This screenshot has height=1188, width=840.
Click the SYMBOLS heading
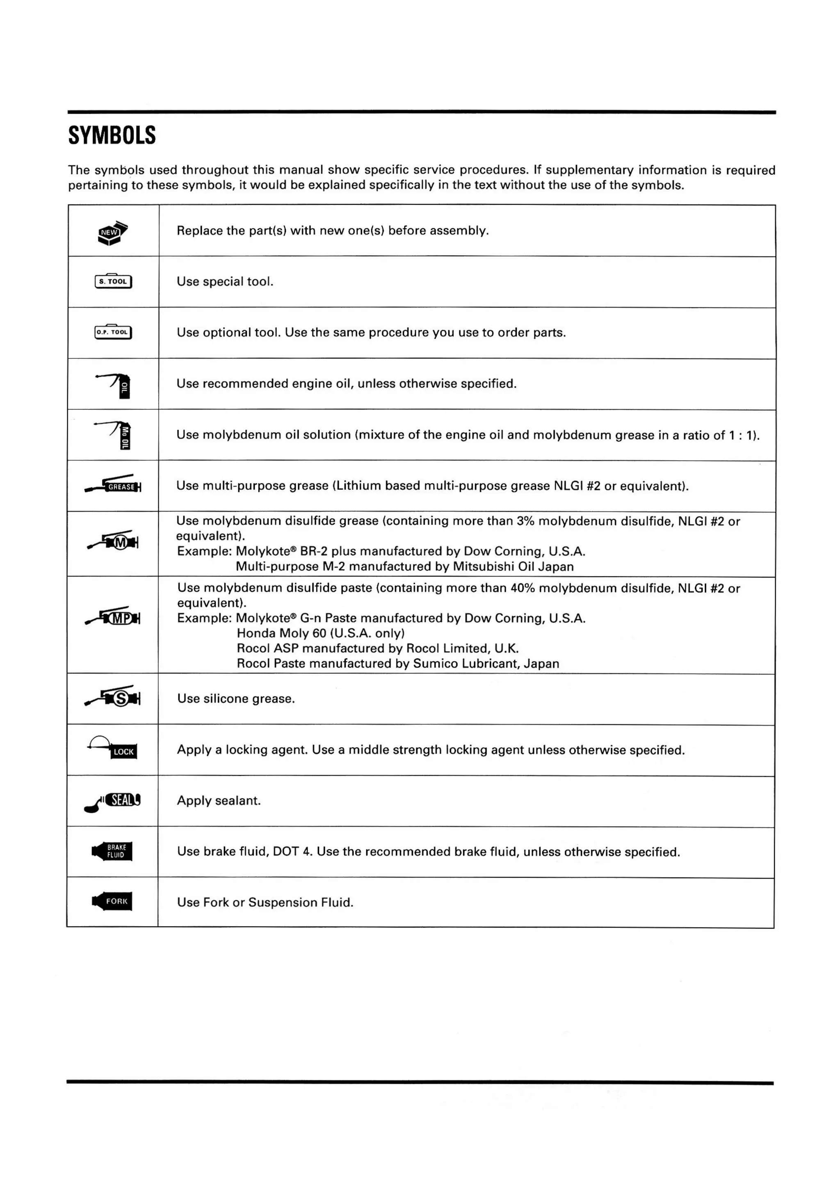pos(112,135)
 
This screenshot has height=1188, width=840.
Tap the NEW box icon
pos(113,233)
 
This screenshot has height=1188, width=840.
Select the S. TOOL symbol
pos(113,281)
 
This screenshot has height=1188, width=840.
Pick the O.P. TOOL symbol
pos(113,332)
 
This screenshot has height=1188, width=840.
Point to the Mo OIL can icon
pos(117,436)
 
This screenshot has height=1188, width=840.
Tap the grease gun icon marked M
pos(114,541)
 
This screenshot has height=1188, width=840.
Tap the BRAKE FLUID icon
pos(113,851)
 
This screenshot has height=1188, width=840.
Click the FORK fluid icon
pos(113,901)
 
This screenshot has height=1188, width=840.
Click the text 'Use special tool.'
pos(225,282)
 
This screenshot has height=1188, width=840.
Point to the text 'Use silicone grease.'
pos(236,699)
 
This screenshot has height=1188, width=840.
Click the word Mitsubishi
pos(484,567)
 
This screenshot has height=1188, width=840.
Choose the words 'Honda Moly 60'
pos(281,633)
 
